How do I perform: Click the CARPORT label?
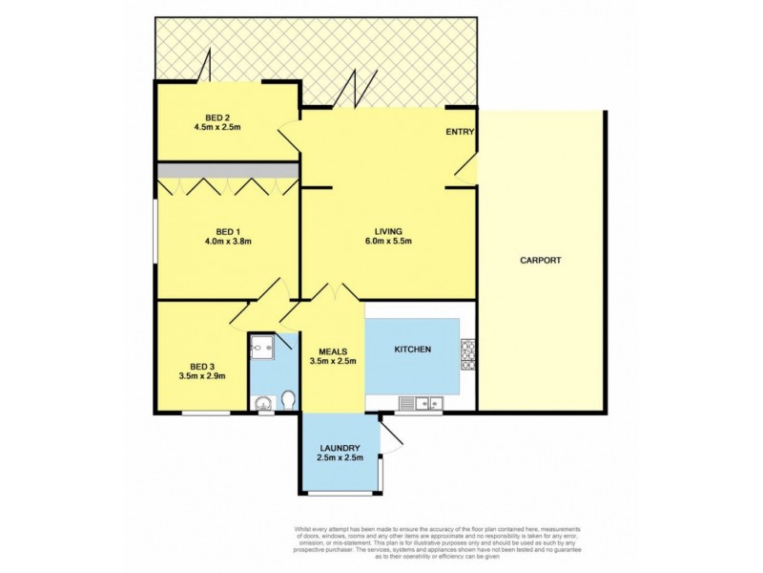point(540,260)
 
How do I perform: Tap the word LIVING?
point(388,231)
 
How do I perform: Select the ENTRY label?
point(460,132)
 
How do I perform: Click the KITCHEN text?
point(413,350)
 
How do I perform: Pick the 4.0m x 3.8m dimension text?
point(227,242)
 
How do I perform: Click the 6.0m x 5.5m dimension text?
point(388,242)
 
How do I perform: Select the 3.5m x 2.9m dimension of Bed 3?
point(201,376)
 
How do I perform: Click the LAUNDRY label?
point(340,449)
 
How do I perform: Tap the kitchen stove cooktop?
point(467,354)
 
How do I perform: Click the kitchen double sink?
point(420,404)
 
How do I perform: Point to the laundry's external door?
point(391,436)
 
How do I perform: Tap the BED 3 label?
point(201,366)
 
